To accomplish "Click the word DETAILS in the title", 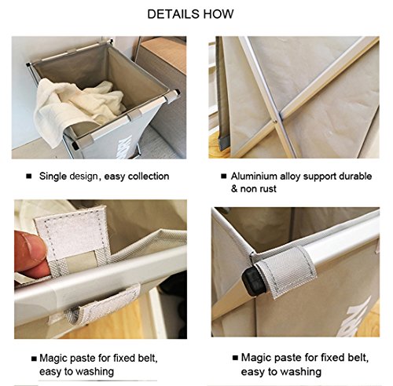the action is pyautogui.click(x=174, y=14).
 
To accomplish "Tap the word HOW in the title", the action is pyautogui.click(x=219, y=14).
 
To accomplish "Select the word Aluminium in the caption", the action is pyautogui.click(x=254, y=177).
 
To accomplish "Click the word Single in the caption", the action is pyautogui.click(x=53, y=177).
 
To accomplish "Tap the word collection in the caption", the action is pyautogui.click(x=149, y=177).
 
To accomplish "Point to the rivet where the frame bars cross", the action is pyautogui.click(x=274, y=121).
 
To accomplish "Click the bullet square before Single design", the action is pyautogui.click(x=29, y=177).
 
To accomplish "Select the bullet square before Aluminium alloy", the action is pyautogui.click(x=223, y=177).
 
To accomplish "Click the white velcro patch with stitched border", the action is pyautogui.click(x=72, y=233).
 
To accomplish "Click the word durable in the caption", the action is pyautogui.click(x=355, y=177).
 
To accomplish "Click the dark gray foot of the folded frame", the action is pyautogui.click(x=224, y=143).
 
